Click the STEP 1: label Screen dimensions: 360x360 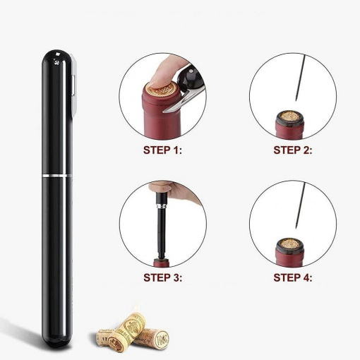pyautogui.click(x=162, y=150)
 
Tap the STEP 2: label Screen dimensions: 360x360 pyautogui.click(x=293, y=150)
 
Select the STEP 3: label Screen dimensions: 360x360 pyautogui.click(x=163, y=277)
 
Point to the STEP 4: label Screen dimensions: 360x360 pyautogui.click(x=293, y=277)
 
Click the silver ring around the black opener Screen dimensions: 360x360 pyautogui.click(x=57, y=176)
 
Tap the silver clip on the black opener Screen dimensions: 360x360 pyautogui.click(x=73, y=85)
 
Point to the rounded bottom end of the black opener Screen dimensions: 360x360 pyautogui.click(x=57, y=341)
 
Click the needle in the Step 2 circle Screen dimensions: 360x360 pyautogui.click(x=300, y=78)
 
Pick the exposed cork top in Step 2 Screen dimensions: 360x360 pyautogui.click(x=289, y=117)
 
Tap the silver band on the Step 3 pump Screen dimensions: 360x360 pyautogui.click(x=162, y=206)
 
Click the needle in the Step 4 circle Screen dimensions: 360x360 pyautogui.click(x=300, y=205)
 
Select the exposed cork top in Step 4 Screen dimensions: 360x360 pyautogui.click(x=289, y=244)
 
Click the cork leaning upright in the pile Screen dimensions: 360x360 pyautogui.click(x=127, y=330)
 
